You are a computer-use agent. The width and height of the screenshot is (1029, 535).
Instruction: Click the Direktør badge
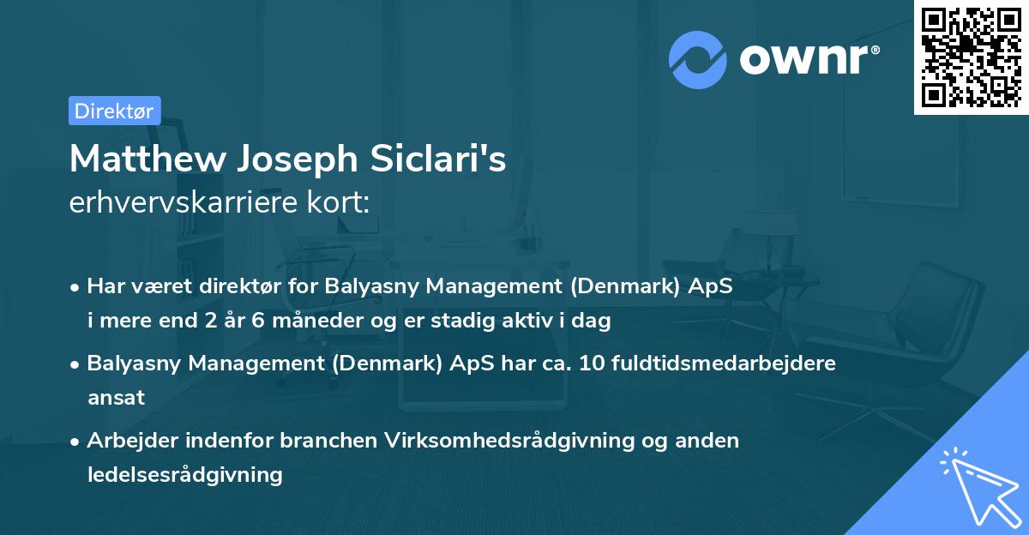pyautogui.click(x=114, y=111)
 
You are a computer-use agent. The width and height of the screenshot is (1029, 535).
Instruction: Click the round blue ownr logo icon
pyautogui.click(x=698, y=60)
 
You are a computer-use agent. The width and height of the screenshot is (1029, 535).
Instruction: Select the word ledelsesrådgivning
pyautogui.click(x=184, y=474)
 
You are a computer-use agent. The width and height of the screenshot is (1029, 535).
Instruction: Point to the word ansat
pyautogui.click(x=116, y=397)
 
